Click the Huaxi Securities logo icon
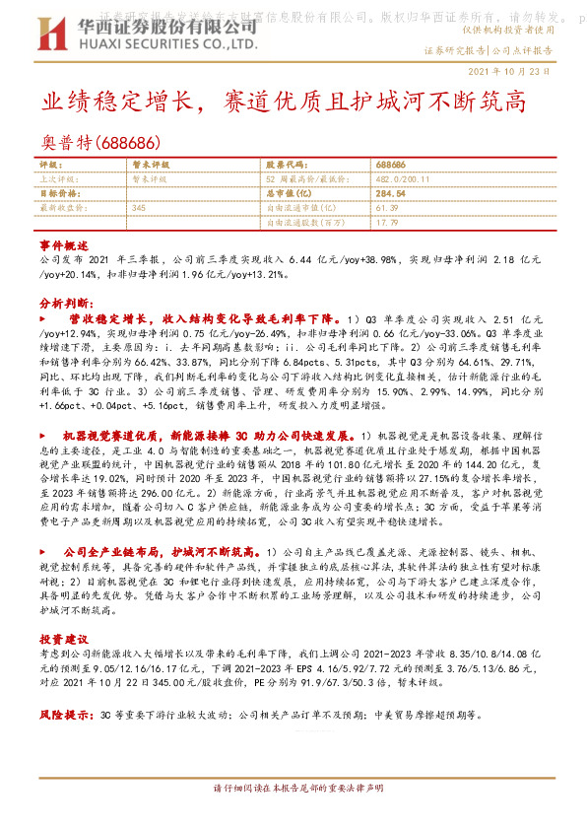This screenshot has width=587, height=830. [49, 35]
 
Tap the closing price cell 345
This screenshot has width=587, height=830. [138, 208]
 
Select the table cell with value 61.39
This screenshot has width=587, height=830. [386, 208]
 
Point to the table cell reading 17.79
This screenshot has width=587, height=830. [386, 223]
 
